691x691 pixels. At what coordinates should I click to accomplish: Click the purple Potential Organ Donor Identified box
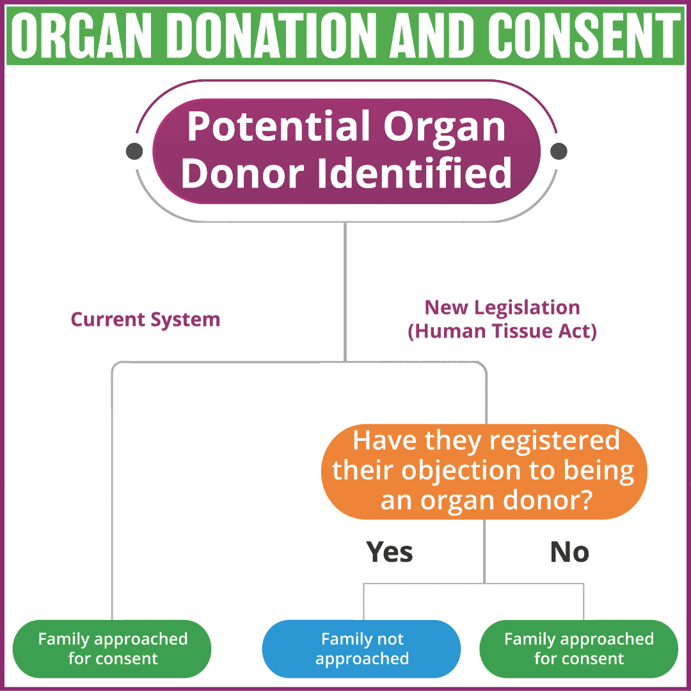(346, 151)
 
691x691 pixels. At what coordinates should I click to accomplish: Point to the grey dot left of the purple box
(134, 151)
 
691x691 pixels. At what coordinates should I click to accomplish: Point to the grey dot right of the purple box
(559, 151)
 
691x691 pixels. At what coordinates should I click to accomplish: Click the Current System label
(145, 319)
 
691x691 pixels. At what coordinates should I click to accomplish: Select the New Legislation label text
(502, 308)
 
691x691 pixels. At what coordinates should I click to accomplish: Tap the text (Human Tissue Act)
(502, 333)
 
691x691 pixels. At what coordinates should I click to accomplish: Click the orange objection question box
(484, 472)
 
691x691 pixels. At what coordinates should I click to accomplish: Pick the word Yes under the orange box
(390, 552)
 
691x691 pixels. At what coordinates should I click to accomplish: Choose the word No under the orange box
(569, 552)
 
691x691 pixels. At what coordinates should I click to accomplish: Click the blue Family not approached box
(361, 649)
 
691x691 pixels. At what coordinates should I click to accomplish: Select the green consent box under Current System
(113, 649)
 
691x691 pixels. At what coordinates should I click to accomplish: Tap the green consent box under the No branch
(578, 649)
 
